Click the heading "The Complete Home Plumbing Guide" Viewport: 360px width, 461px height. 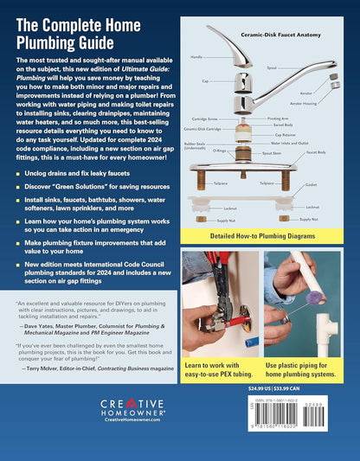[x=87, y=33]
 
